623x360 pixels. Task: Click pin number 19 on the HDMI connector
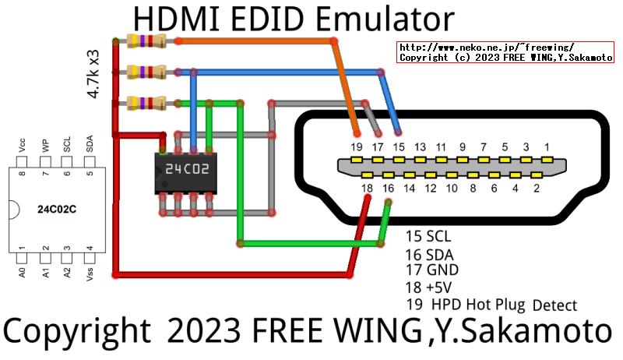click(x=357, y=146)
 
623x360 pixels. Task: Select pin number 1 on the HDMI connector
click(x=547, y=146)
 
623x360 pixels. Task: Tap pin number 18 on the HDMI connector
click(x=368, y=188)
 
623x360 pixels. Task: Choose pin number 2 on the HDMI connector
click(x=537, y=188)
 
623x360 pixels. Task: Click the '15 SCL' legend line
click(x=428, y=235)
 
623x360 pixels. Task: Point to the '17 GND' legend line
click(x=431, y=270)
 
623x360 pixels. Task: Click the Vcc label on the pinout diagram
click(x=23, y=146)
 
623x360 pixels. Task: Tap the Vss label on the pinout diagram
click(x=90, y=272)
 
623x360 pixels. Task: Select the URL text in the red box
click(x=487, y=48)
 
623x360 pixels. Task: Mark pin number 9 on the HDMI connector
click(x=462, y=146)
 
